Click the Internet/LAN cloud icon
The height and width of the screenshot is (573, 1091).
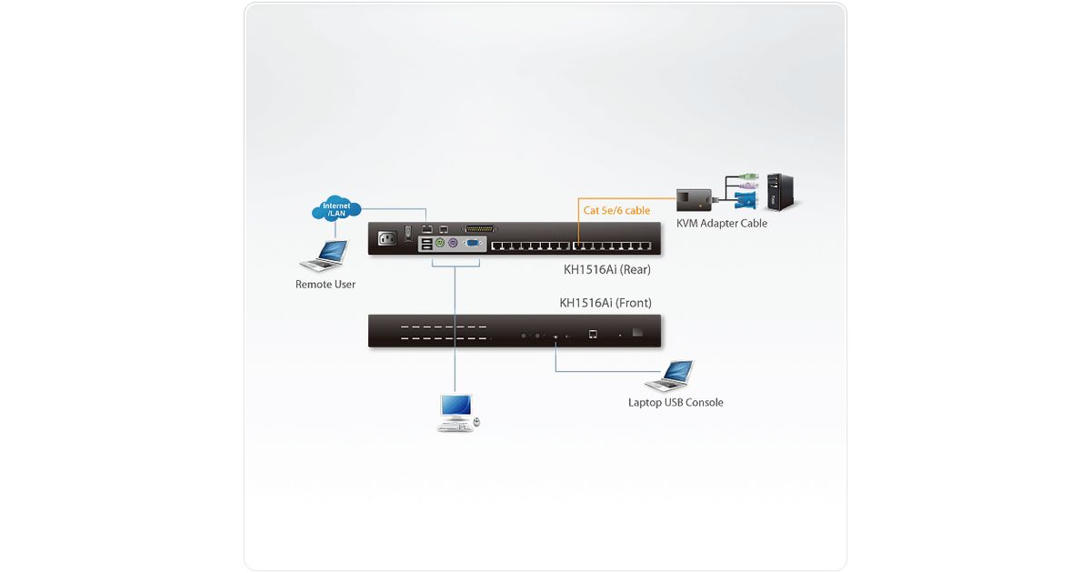tap(335, 210)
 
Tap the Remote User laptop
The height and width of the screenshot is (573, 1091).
tap(325, 256)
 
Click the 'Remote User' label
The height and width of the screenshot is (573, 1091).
tap(325, 285)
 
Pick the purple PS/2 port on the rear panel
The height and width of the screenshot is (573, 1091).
tap(452, 244)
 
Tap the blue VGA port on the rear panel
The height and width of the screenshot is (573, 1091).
tap(473, 244)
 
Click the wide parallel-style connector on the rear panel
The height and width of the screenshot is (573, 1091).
tap(481, 229)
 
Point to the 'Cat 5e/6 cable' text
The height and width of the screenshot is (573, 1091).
tap(616, 210)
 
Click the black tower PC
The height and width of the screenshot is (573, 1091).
tap(779, 191)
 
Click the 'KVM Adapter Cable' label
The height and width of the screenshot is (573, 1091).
tap(722, 224)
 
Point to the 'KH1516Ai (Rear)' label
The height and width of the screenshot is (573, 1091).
tap(607, 270)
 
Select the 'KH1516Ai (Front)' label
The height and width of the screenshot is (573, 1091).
tap(606, 303)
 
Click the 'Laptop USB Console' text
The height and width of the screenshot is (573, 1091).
tap(676, 403)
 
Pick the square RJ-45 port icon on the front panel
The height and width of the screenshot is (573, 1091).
tap(594, 335)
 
